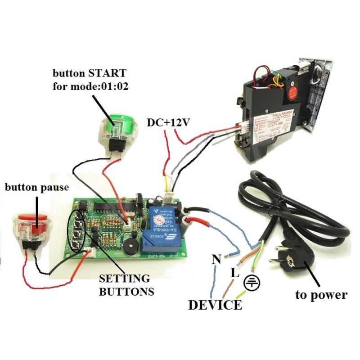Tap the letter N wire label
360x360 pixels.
216,260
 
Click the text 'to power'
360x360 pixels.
321,295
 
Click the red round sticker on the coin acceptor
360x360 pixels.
293,91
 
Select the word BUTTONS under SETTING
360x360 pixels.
126,291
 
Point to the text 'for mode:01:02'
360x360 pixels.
90,86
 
